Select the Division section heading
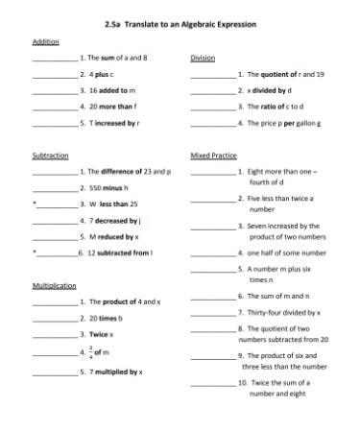pos(202,58)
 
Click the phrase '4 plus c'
pos(100,73)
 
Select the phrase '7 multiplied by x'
pos(114,371)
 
